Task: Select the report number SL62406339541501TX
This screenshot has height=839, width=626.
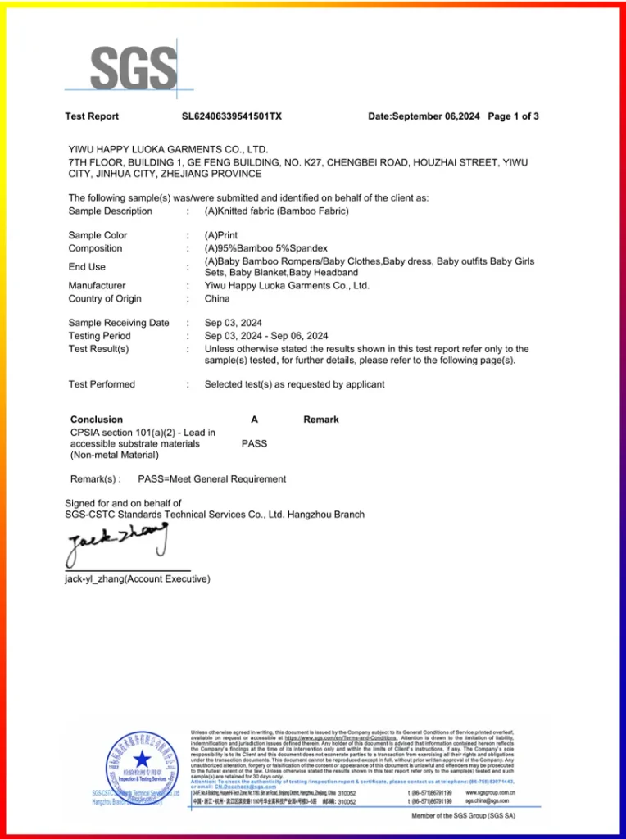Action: [232, 116]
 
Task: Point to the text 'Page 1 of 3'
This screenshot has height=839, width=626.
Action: [513, 116]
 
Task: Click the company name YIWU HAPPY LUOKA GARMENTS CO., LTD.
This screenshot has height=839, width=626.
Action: [168, 150]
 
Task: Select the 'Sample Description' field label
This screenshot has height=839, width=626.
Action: [110, 211]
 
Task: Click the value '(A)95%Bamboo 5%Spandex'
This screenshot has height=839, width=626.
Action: [265, 248]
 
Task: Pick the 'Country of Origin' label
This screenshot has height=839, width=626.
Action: [105, 299]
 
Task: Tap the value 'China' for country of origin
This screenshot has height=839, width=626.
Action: [217, 299]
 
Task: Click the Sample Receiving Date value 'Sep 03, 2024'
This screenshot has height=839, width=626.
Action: [234, 323]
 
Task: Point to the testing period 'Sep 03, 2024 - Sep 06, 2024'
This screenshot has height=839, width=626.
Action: [266, 336]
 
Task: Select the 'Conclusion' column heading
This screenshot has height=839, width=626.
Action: [97, 419]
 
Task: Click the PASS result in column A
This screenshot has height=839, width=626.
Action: [254, 443]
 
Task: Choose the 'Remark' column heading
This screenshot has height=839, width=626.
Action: [320, 419]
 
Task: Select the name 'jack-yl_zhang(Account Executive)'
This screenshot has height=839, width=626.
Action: [138, 579]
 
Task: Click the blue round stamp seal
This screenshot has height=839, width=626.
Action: [142, 767]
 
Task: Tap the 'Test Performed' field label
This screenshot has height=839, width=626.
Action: [102, 384]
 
